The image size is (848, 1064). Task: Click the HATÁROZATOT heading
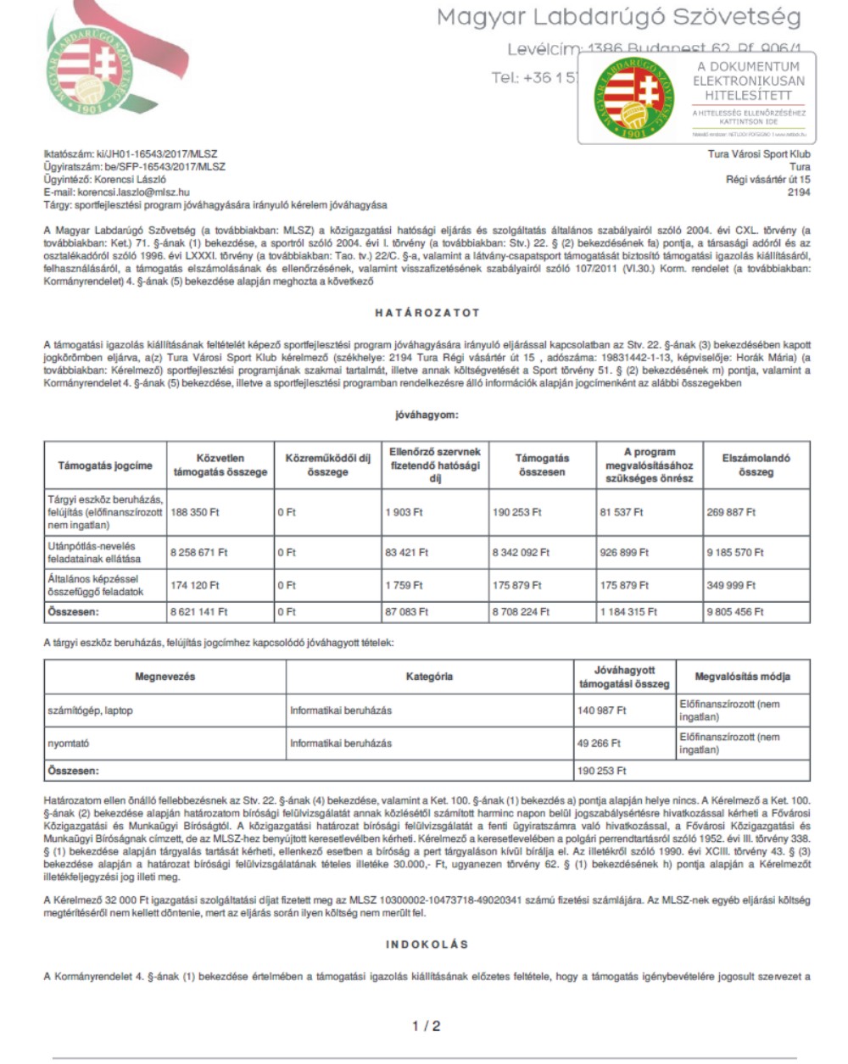tap(427, 313)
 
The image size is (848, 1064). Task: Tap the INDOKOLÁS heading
tap(427, 944)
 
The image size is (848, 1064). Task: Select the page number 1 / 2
tap(426, 1026)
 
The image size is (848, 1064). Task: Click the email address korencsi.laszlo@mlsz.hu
tap(133, 192)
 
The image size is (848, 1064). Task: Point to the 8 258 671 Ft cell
tap(199, 553)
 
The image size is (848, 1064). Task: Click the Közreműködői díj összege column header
tap(327, 465)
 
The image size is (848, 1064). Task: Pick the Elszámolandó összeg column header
tap(756, 465)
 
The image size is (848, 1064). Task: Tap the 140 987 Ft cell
tap(602, 710)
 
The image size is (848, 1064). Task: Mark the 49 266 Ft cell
tap(599, 744)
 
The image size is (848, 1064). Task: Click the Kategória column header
tap(429, 677)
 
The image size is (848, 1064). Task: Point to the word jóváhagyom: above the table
tap(427, 415)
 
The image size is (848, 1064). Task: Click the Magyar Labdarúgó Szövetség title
tap(619, 18)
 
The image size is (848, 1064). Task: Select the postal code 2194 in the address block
tap(799, 192)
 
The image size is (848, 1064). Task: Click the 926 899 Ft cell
tap(624, 553)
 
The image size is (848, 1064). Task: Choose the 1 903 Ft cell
tap(404, 513)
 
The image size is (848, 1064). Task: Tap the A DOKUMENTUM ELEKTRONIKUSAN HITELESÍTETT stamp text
tap(749, 81)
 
